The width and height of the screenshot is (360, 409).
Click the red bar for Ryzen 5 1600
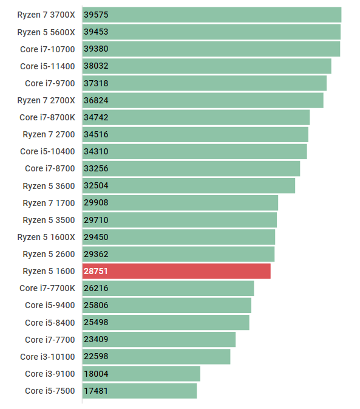(x=177, y=271)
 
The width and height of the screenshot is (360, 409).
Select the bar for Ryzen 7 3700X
(x=212, y=15)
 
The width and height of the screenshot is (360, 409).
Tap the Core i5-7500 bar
(x=140, y=391)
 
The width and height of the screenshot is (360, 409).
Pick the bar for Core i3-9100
(x=141, y=374)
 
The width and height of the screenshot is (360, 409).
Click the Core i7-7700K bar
(x=168, y=288)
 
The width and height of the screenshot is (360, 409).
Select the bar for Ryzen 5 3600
(x=189, y=185)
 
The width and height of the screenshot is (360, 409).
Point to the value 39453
(x=96, y=32)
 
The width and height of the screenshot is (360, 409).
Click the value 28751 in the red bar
(x=96, y=271)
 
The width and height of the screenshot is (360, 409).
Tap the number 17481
(x=96, y=391)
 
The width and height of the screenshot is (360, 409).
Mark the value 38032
(x=96, y=66)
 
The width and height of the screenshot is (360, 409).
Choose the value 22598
(x=96, y=357)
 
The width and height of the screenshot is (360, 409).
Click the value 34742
(x=96, y=117)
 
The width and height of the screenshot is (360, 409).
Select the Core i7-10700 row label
(x=47, y=49)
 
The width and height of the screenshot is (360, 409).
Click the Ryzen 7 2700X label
(x=46, y=100)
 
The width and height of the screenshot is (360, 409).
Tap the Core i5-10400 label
(x=47, y=151)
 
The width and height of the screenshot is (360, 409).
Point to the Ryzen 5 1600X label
(x=46, y=237)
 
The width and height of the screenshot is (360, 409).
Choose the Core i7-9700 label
(x=50, y=83)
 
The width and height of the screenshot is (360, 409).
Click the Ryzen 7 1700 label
(x=49, y=202)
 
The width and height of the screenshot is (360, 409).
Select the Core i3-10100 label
(x=47, y=357)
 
